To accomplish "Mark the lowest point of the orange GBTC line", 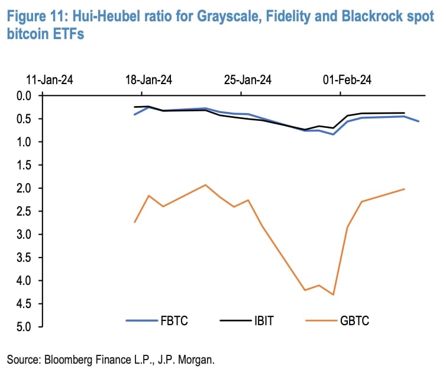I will tap(334, 294).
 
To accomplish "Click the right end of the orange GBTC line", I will tap(404, 189).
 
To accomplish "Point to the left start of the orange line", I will tap(135, 222).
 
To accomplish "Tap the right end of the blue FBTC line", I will tap(419, 121).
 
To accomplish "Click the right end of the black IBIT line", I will tap(404, 113).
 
